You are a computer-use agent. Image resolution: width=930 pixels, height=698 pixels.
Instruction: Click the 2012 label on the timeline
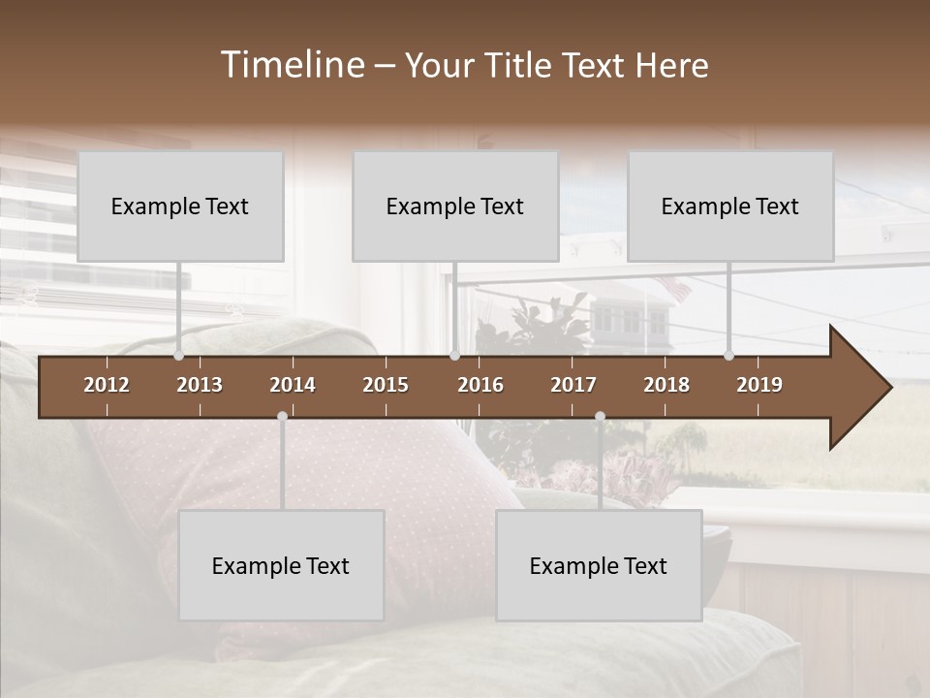(107, 385)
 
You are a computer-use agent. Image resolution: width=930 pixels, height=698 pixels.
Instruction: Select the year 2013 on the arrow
(200, 385)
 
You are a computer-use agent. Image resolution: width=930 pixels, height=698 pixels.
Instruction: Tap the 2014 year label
(293, 385)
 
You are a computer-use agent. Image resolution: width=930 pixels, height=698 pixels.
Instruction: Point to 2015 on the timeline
(386, 385)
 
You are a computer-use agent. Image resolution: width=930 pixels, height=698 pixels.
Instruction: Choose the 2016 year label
(480, 385)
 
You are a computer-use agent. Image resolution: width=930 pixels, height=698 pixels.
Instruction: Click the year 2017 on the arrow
(573, 385)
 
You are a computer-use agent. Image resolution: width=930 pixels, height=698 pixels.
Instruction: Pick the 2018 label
(666, 385)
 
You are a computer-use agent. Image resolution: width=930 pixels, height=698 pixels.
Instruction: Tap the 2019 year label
(759, 385)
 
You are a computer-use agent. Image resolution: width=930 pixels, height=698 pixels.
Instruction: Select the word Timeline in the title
(291, 65)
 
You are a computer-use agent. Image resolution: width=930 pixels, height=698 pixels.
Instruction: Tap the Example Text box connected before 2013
(180, 206)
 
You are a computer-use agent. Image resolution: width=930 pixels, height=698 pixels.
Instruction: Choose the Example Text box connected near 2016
(455, 206)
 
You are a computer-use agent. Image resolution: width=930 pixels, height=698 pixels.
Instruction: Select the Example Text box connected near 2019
(730, 206)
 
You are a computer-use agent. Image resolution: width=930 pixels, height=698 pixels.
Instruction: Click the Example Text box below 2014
(281, 565)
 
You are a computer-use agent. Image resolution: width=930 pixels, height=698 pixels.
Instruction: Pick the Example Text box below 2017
(599, 565)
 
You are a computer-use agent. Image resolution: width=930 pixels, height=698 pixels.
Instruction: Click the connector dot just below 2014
(282, 417)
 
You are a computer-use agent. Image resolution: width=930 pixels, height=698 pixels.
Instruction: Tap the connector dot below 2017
(600, 417)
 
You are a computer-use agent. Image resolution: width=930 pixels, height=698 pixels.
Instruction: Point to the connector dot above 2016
(455, 356)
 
